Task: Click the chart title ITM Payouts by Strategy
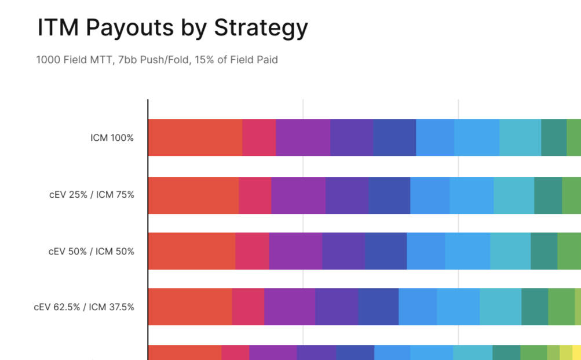[173, 28]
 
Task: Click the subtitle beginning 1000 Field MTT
[157, 60]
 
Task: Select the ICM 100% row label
[112, 138]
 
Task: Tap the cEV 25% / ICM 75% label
[92, 195]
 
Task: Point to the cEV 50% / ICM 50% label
[92, 252]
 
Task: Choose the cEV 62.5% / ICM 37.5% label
[84, 307]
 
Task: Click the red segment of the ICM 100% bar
[195, 137]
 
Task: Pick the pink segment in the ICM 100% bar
[259, 137]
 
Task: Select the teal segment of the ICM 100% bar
[554, 137]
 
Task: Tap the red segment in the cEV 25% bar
[193, 195]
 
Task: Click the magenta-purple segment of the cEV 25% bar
[298, 195]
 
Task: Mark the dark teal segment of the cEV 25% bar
[548, 195]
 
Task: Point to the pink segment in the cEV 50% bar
[252, 251]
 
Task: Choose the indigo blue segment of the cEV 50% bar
[386, 251]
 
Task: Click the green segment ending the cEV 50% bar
[569, 251]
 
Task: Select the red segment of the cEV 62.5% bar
[189, 307]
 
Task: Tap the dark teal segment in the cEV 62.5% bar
[535, 307]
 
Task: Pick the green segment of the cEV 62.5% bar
[561, 307]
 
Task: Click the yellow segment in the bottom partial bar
[577, 352]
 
